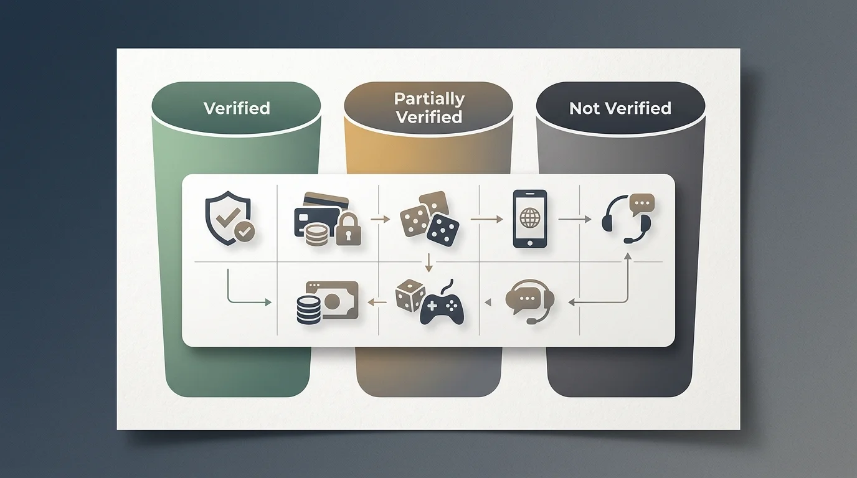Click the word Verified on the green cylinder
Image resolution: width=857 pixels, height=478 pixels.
click(237, 108)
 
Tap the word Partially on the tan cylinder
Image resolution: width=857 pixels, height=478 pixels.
click(429, 99)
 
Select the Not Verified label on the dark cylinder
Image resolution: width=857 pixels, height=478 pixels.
click(620, 108)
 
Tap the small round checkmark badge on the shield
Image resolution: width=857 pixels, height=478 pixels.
click(245, 230)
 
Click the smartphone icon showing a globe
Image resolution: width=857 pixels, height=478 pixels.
click(530, 218)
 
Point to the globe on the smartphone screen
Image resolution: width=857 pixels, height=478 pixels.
click(530, 218)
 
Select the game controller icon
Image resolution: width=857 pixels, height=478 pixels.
click(442, 306)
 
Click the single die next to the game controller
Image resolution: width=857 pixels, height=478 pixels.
click(410, 295)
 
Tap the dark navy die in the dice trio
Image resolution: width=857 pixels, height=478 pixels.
click(443, 230)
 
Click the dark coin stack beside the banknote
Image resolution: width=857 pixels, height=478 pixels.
click(308, 310)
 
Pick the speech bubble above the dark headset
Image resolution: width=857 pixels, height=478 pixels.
click(642, 204)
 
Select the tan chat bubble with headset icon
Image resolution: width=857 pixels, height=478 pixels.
click(530, 301)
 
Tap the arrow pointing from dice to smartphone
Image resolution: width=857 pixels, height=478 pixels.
click(486, 219)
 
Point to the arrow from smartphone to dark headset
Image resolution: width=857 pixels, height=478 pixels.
click(575, 219)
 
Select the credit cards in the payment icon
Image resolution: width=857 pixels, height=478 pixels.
click(321, 212)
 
